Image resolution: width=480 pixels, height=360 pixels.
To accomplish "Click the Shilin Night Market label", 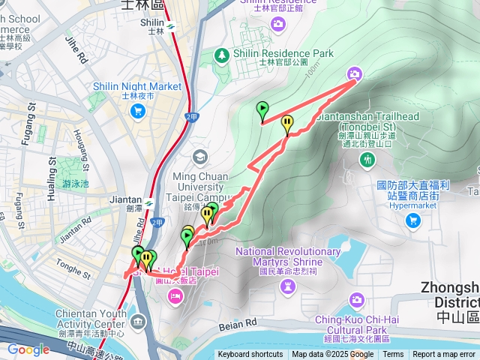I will tap(136, 86).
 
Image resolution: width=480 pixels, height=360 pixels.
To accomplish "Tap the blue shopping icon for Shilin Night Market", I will tap(137, 112).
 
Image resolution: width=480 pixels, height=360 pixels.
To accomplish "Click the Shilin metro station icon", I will tap(171, 23).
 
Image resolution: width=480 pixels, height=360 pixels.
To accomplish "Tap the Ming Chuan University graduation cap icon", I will tap(199, 157).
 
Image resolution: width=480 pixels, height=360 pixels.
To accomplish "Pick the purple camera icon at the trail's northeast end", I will tap(354, 73).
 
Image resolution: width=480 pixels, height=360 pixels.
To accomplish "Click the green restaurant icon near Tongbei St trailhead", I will tap(367, 159).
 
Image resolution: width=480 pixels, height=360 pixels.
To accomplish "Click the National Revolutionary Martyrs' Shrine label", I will tap(289, 256).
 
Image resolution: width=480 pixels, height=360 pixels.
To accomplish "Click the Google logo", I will tap(28, 349).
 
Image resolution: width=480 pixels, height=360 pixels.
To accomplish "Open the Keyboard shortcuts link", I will tap(250, 355).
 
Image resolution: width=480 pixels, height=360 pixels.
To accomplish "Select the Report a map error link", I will tap(444, 355).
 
